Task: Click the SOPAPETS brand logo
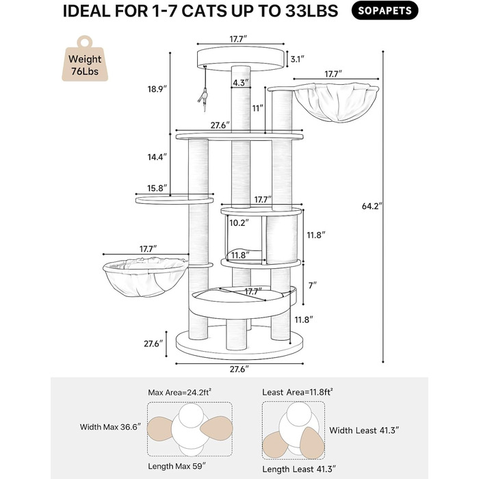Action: tap(385, 11)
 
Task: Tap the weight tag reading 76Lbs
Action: tap(85, 59)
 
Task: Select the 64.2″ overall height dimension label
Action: tap(372, 206)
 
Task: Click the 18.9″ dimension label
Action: tap(157, 89)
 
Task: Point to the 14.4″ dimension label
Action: tap(157, 157)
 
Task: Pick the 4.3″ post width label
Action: tap(241, 83)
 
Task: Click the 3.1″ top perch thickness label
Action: tap(297, 60)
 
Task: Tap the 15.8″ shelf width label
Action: tap(157, 188)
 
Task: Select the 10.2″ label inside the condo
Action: tap(239, 223)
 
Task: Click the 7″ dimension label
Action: tap(312, 285)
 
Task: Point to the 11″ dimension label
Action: tap(257, 108)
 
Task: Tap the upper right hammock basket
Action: tap(335, 103)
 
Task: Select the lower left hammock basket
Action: tap(145, 277)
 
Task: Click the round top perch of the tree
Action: tap(240, 59)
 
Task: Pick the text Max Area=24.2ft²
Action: tap(180, 392)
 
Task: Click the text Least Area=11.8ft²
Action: tap(298, 392)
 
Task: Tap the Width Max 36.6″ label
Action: tap(111, 427)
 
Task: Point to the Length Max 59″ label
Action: tap(177, 466)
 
